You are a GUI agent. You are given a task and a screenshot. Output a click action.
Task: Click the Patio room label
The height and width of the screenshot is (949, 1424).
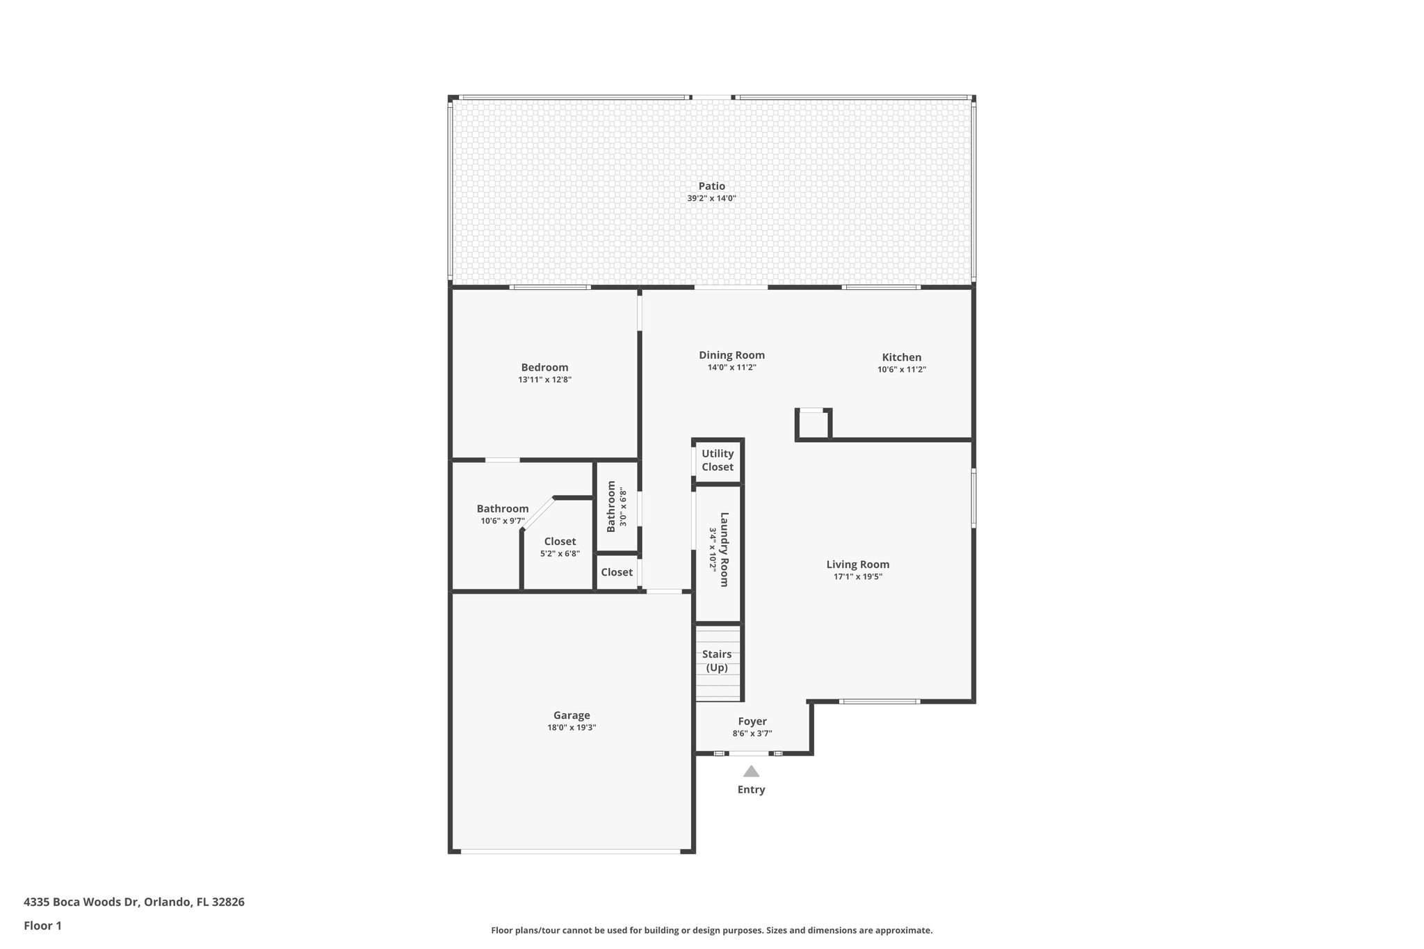(x=711, y=186)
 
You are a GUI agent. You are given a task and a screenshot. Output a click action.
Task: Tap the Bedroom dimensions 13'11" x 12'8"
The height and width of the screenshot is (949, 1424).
(x=544, y=380)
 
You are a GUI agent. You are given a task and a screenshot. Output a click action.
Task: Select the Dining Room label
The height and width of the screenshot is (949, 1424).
(x=731, y=355)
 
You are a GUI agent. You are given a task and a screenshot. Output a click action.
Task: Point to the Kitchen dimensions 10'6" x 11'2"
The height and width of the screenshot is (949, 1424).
(x=901, y=370)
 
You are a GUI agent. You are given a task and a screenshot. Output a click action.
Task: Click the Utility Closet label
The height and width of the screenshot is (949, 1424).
(x=717, y=460)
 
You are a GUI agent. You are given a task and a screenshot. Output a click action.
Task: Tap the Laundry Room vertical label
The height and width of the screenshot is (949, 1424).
(x=724, y=549)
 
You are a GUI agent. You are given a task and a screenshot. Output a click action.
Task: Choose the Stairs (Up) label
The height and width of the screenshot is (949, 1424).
(x=717, y=661)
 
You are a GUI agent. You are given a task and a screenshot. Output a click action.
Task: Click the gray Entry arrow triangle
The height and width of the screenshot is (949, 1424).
(x=751, y=771)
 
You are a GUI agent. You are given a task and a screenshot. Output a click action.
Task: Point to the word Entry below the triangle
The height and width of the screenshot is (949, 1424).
(x=751, y=790)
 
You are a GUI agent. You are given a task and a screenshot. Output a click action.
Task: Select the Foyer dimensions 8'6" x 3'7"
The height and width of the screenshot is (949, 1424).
(x=752, y=733)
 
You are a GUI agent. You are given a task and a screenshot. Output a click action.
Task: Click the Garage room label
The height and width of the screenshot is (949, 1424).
(x=572, y=715)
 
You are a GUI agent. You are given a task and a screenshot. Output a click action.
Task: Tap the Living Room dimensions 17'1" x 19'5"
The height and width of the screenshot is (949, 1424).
(x=857, y=576)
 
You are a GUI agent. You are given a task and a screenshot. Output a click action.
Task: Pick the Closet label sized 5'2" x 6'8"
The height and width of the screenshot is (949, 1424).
(x=560, y=542)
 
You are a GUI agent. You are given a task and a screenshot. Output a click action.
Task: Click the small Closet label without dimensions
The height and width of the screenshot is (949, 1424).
(x=617, y=572)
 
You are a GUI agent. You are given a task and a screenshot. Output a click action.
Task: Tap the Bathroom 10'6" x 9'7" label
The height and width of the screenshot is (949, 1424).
(x=503, y=509)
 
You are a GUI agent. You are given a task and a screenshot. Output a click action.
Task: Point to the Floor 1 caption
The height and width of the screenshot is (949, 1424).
(x=42, y=925)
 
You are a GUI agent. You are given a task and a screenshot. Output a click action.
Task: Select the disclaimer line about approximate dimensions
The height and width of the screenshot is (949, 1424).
(x=711, y=930)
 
